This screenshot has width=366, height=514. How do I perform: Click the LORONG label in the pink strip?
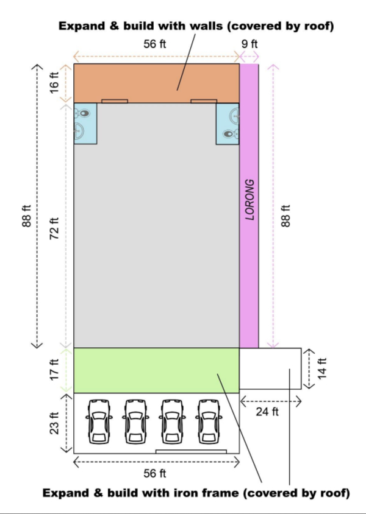(250, 199)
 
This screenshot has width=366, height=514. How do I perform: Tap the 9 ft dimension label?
(249, 44)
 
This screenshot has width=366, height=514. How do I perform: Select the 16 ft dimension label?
(54, 83)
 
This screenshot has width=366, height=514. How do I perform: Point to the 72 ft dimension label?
(54, 228)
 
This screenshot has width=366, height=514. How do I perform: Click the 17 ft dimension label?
(54, 370)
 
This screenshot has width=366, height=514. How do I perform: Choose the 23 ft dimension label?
(54, 423)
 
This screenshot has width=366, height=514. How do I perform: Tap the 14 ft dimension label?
(323, 368)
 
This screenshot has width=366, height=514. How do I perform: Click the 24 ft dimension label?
(267, 412)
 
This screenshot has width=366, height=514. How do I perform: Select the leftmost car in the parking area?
(99, 422)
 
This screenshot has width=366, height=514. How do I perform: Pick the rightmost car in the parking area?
(209, 422)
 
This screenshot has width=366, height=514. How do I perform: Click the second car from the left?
(135, 422)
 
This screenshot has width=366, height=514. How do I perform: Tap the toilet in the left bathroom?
(82, 113)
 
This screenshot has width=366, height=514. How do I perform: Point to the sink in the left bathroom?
(79, 131)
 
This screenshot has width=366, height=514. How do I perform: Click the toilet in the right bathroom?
(231, 134)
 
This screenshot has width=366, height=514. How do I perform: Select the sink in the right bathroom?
(234, 116)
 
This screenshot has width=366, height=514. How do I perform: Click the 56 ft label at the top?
(155, 44)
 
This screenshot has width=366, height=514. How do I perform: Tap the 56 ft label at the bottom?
(155, 473)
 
